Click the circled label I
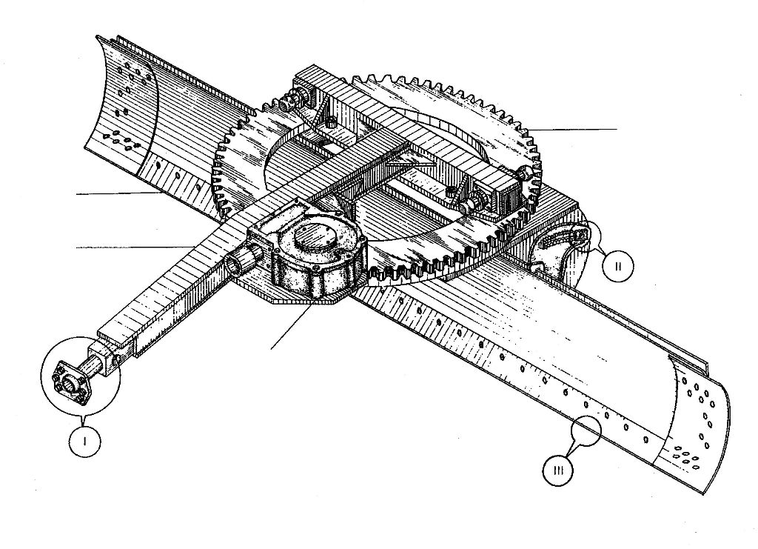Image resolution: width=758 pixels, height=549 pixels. pos(85,441)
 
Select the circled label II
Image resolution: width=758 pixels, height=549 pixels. pos(618,265)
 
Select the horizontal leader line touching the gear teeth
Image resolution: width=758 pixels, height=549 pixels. pos(574,129)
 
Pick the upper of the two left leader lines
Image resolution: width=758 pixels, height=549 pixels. pos(119,193)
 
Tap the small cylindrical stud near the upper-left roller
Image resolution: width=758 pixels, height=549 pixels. pos(332,122)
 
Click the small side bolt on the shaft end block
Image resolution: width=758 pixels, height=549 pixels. pos(116,360)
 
